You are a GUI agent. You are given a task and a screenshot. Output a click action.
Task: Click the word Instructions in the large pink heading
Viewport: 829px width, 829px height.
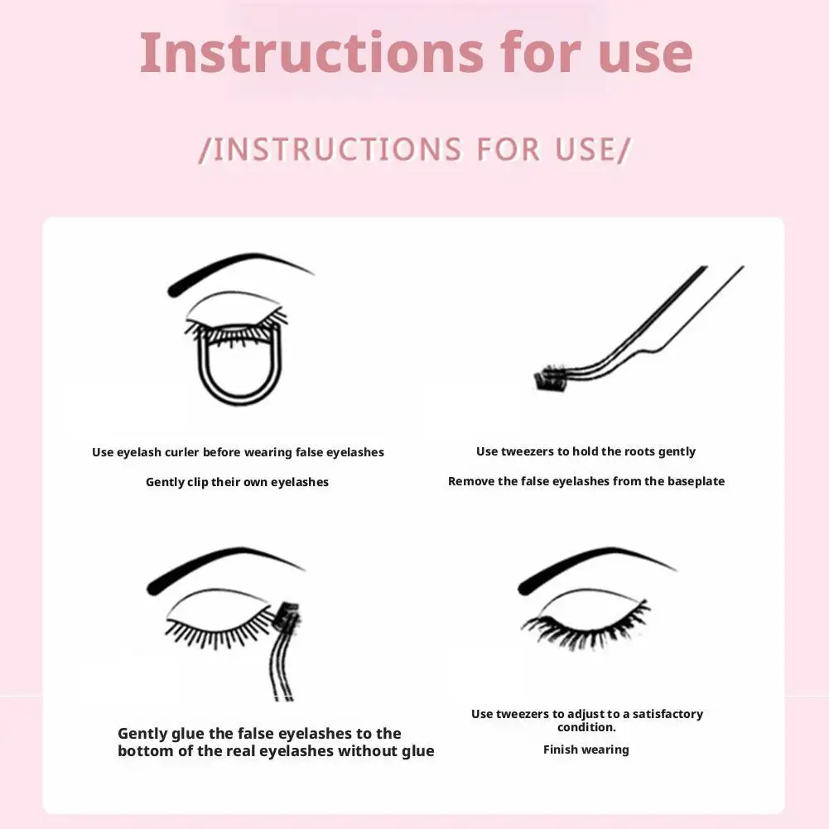coord(311,53)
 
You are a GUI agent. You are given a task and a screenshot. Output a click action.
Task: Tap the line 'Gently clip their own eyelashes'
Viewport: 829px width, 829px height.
coord(237,482)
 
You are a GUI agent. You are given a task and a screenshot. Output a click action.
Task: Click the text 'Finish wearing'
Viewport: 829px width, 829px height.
coord(586,749)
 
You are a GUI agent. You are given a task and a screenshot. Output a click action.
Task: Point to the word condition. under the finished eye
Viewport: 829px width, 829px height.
coord(586,727)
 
